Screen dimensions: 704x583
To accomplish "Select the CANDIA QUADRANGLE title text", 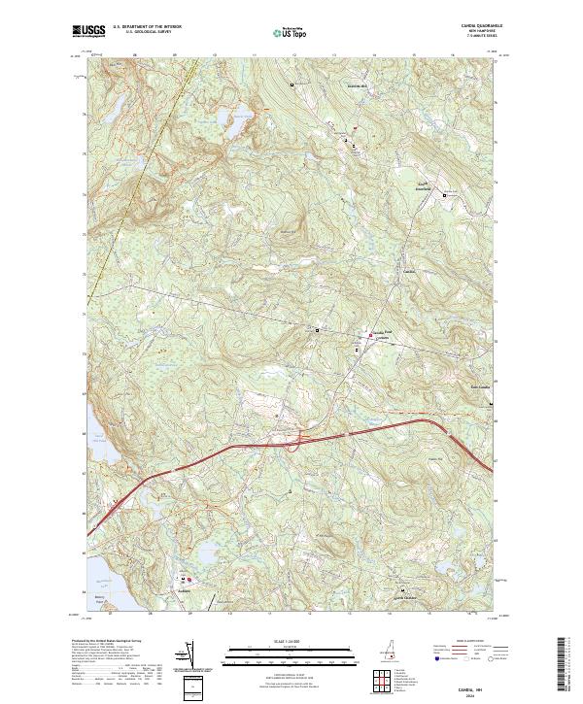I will tap(475, 28).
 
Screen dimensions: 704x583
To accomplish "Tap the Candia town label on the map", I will tap(409, 271).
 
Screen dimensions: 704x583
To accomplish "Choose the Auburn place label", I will tap(182, 590).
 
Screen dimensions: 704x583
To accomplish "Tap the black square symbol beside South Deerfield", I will tap(446, 195).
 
